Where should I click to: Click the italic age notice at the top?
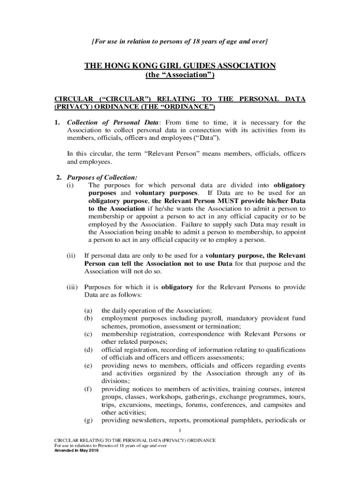pyautogui.click(x=180, y=42)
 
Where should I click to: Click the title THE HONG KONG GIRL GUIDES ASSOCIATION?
pyautogui.click(x=180, y=66)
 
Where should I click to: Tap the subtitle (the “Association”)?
pyautogui.click(x=180, y=75)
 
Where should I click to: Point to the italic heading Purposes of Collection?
pyautogui.click(x=102, y=177)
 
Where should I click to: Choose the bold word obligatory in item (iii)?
pyautogui.click(x=177, y=287)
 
